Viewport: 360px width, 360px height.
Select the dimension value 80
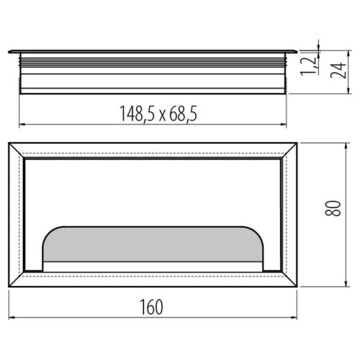[333, 210]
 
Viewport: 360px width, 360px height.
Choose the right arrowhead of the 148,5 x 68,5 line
[287, 123]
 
